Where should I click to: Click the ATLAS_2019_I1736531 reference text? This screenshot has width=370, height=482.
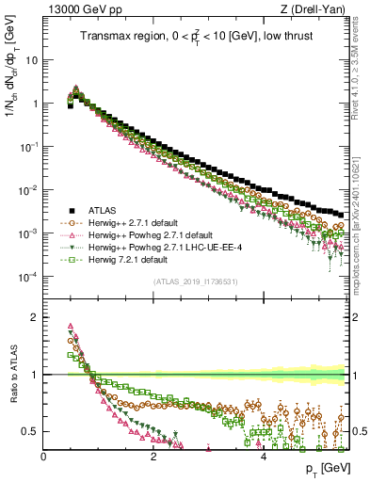coord(196,281)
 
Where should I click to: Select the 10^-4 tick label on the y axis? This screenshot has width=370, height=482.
coord(30,276)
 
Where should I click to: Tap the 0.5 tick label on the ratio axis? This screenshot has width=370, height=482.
coord(30,431)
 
